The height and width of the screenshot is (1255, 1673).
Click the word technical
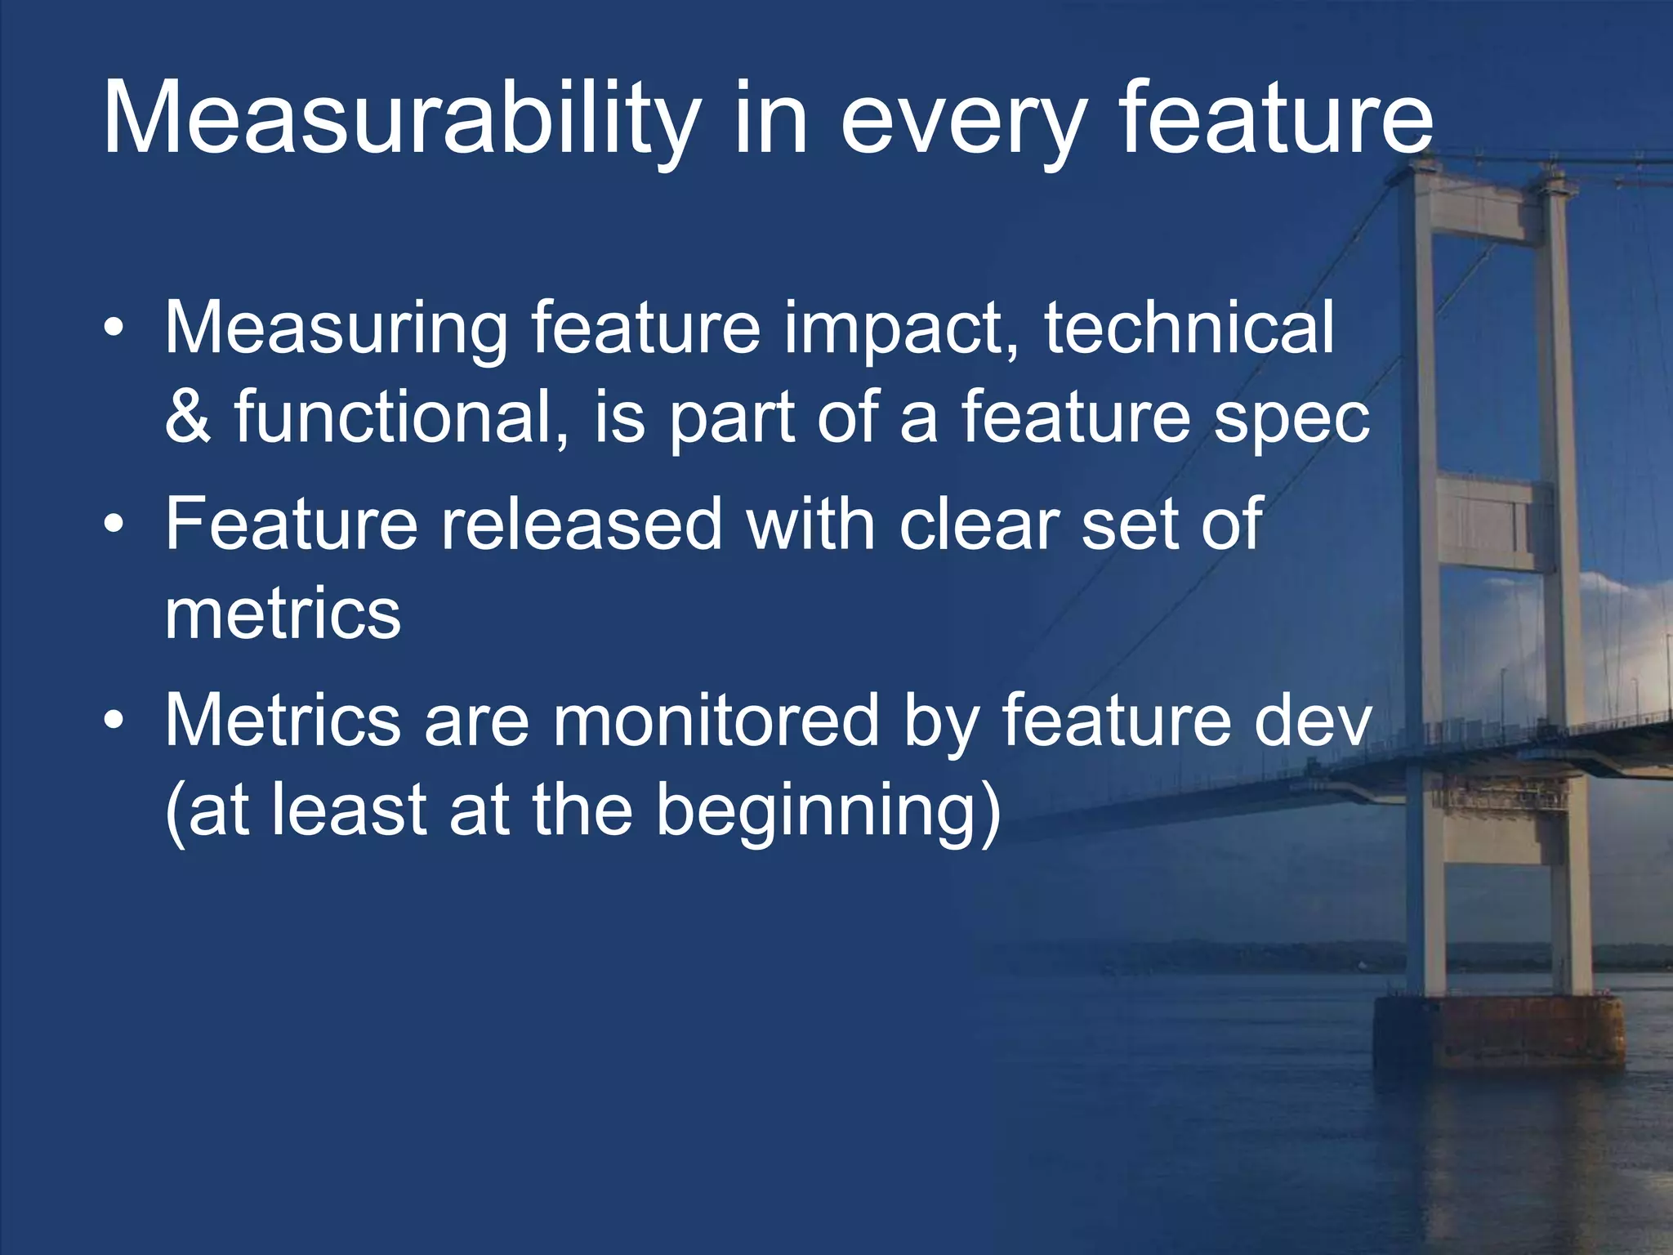1189,327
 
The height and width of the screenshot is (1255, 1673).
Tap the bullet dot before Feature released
114,525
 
